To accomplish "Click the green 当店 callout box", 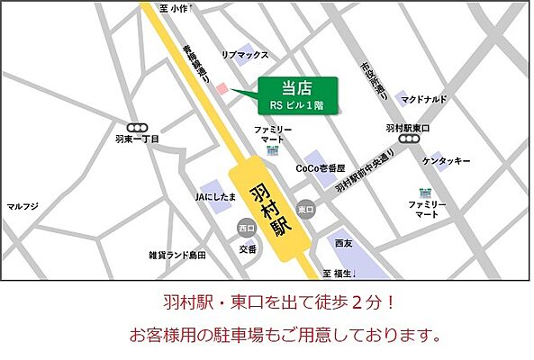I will pos(299,93).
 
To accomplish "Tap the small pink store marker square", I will pos(222,88).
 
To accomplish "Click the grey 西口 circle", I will pos(246,227).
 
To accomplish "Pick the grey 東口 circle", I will pos(307,209).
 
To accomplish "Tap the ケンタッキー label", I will pos(448,160).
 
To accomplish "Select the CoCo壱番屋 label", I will pos(321,167).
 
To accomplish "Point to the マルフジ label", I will pos(23,206).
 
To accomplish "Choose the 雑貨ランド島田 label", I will pos(177,255).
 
